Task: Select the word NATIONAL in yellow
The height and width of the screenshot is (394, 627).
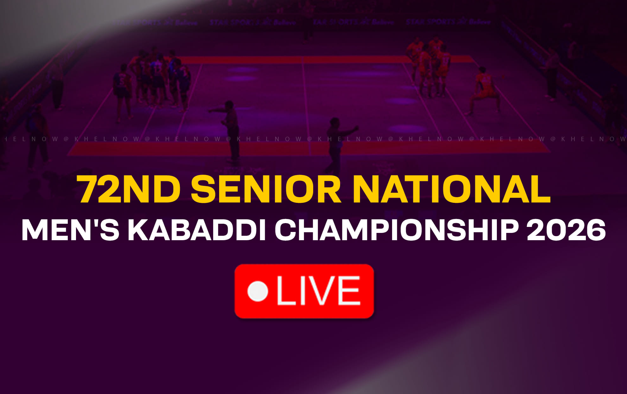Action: (452, 189)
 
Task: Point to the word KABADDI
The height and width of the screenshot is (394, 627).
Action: (196, 230)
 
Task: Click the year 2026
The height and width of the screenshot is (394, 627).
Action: (566, 230)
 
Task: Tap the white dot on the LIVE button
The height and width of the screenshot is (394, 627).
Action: (258, 291)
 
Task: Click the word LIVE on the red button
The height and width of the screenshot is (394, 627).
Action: (318, 291)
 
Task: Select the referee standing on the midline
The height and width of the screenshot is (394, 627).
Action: (336, 144)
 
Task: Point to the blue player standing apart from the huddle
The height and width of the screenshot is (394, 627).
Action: (123, 90)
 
